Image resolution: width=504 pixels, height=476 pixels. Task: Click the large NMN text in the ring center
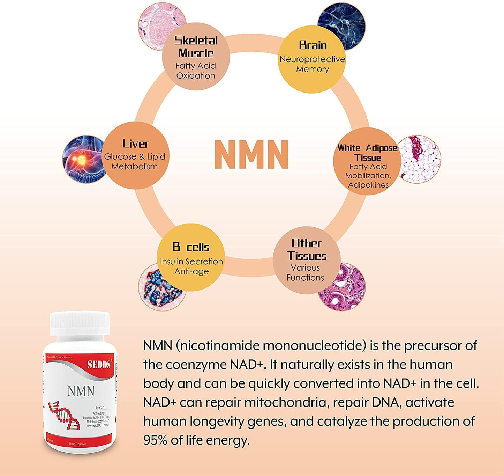pos(251,155)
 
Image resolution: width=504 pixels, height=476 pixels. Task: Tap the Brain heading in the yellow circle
pos(313,45)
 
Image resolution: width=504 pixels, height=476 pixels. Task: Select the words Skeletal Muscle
pos(196,46)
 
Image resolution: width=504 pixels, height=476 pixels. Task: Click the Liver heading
pos(135,144)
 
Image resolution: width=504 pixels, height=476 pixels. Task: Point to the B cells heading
pos(191,247)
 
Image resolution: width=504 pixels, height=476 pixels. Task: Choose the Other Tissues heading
pos(307,250)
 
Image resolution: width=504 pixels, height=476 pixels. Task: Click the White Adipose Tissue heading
pos(367,152)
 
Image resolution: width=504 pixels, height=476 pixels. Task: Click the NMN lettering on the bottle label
pos(81,391)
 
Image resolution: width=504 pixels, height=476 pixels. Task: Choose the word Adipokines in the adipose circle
pos(368,185)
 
